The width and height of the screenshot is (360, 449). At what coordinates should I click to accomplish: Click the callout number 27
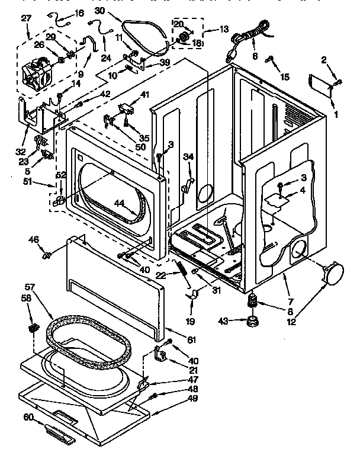[x=25, y=18]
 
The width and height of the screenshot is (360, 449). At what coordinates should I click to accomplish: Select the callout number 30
[x=99, y=11]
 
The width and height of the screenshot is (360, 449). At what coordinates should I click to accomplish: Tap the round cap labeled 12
[x=332, y=273]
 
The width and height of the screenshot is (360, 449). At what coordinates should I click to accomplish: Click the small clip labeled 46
[x=46, y=255]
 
